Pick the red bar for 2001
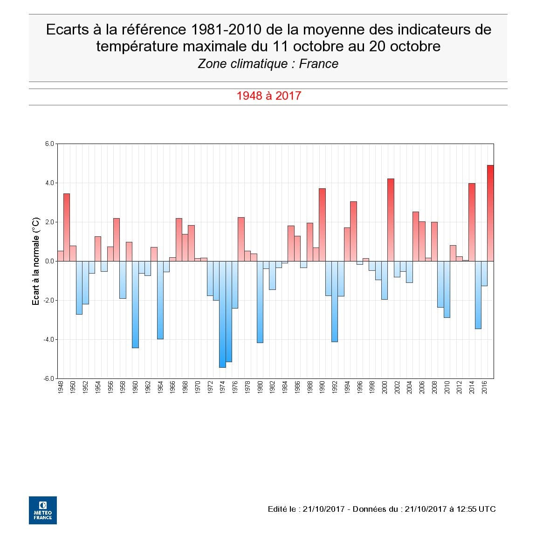391,220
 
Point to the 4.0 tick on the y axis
49,183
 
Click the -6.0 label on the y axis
48,378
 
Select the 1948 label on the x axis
61,387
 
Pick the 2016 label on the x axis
484,387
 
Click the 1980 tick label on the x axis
260,387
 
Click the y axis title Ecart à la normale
36,261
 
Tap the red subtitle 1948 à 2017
268,96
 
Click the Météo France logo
43,510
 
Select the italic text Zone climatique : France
268,64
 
